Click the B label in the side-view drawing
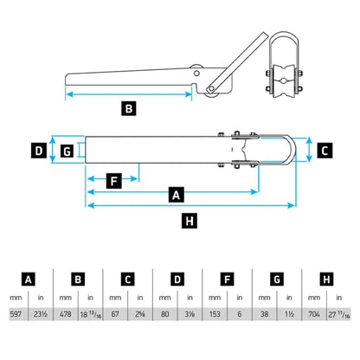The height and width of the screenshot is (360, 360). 128,109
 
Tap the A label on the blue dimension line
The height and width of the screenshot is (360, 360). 177,195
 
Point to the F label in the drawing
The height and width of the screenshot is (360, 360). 112,181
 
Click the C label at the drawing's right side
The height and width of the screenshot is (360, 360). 324,150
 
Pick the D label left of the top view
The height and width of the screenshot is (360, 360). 39,151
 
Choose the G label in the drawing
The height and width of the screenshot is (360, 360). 66,151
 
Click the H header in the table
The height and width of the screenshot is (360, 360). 325,279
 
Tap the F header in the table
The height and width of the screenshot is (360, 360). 227,279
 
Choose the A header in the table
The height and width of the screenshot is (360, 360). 29,279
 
